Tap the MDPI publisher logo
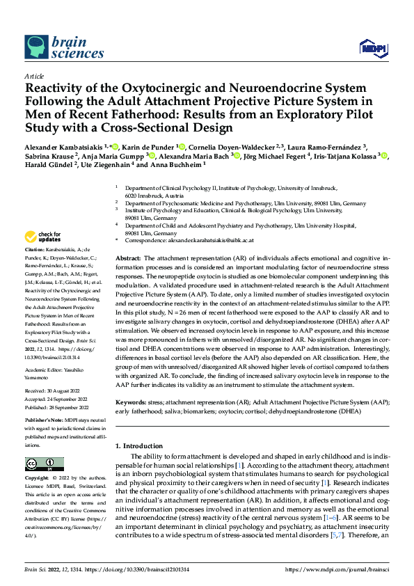[x=372, y=47]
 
